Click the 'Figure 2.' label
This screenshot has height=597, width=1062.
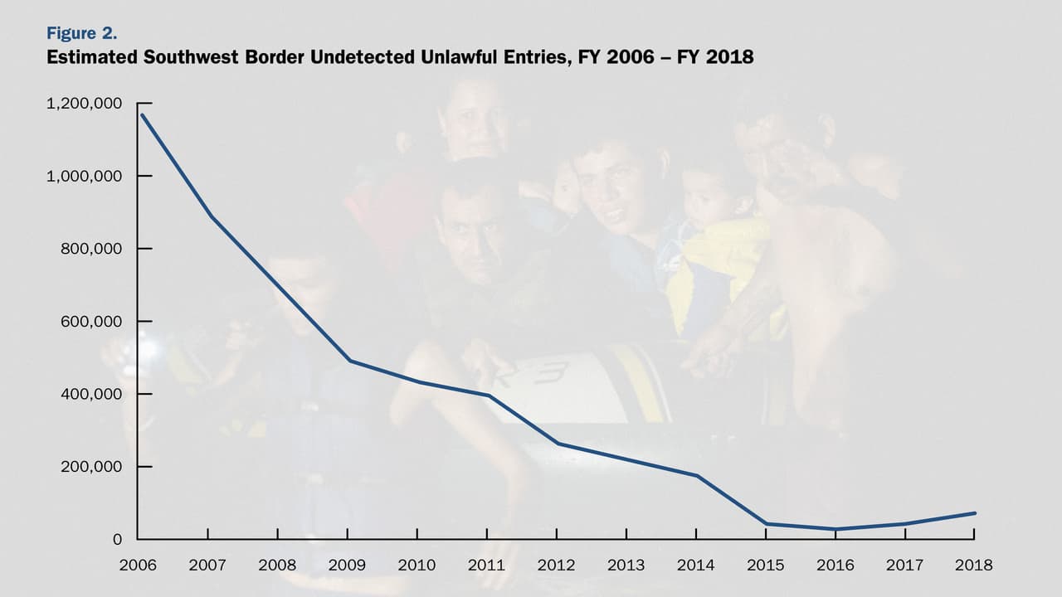point(81,34)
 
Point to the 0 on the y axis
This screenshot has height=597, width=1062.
point(117,539)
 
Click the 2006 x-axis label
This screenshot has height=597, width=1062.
point(138,565)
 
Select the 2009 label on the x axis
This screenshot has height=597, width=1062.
point(347,565)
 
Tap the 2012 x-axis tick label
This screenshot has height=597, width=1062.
point(556,565)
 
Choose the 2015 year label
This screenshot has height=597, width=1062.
point(765,565)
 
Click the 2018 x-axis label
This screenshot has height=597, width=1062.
point(974,565)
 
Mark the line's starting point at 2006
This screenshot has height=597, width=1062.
point(140,114)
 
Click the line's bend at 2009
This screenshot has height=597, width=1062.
point(348,361)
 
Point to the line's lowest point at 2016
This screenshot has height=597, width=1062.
point(835,529)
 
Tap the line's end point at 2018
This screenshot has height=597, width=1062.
point(974,513)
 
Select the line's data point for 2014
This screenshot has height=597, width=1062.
point(696,475)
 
